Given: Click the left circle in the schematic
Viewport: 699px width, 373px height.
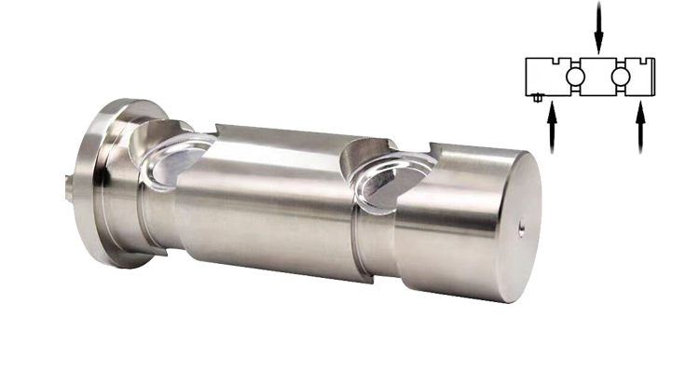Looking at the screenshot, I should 576,76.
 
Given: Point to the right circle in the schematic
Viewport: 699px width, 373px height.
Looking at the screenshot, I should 621,76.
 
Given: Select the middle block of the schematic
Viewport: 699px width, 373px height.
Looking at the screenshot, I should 598,76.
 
